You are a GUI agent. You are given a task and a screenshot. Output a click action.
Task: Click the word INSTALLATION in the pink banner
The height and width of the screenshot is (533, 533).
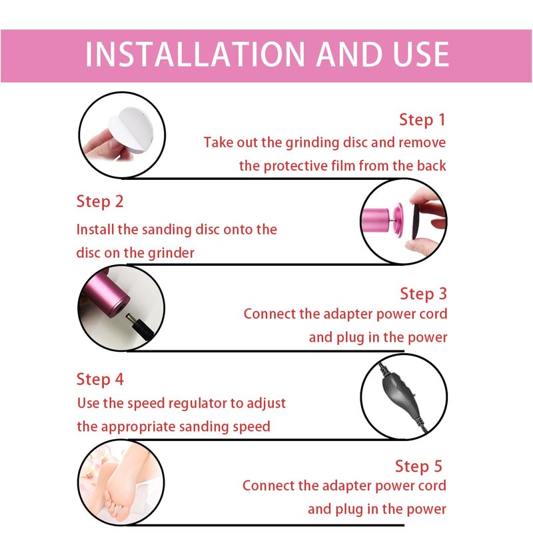pyautogui.click(x=195, y=55)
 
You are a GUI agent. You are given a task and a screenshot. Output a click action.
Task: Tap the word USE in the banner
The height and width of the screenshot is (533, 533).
pyautogui.click(x=421, y=55)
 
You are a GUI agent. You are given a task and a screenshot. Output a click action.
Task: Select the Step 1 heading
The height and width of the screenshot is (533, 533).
pyautogui.click(x=422, y=120)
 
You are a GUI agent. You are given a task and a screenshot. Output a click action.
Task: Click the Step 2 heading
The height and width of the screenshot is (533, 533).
pyautogui.click(x=99, y=202)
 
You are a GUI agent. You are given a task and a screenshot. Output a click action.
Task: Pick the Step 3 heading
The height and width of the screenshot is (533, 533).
pyautogui.click(x=423, y=294)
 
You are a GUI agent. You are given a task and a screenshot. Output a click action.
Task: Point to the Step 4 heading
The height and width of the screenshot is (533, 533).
pyautogui.click(x=100, y=380)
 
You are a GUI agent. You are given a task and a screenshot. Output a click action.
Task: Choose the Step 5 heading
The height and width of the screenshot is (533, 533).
pyautogui.click(x=418, y=466)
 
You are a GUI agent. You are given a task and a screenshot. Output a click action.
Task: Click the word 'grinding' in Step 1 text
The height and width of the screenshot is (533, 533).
pyautogui.click(x=312, y=143)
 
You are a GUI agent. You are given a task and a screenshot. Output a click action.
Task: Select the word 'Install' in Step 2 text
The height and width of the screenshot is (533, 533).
pyautogui.click(x=95, y=229)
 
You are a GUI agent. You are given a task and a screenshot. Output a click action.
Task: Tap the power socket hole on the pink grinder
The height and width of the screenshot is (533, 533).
pyautogui.click(x=119, y=308)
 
